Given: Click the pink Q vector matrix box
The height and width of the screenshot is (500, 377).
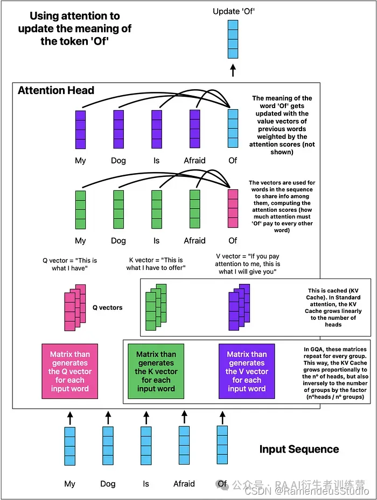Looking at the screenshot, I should coord(69,371).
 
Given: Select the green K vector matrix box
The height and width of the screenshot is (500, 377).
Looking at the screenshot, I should coord(156,371).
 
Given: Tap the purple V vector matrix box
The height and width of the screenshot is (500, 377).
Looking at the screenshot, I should coord(247,371).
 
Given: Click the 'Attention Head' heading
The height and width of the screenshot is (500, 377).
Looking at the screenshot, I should coord(56,90).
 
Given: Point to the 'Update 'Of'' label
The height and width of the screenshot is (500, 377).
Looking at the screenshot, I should coord(233,11).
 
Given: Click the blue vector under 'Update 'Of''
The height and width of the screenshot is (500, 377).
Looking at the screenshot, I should coord(233,38).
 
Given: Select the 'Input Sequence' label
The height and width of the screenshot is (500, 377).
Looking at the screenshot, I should coord(299,449).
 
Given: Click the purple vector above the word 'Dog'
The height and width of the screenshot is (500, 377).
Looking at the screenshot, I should coord(118,130).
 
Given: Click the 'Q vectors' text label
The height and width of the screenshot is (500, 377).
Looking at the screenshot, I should coord(108,308).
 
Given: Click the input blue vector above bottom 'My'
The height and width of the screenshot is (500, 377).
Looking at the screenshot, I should coord(70,446).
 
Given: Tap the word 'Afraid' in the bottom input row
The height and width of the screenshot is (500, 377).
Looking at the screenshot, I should coord(184,483).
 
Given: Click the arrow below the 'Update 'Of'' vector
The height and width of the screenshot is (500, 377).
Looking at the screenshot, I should coord(233,70).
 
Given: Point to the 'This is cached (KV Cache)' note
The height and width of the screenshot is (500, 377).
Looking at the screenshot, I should coord(333,307).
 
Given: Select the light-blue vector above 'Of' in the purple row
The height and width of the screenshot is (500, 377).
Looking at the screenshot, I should coord(233,130).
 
